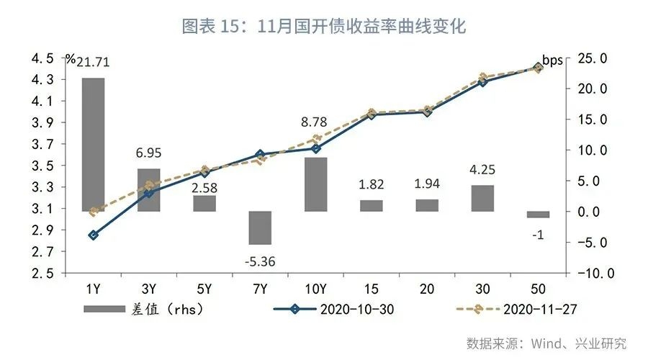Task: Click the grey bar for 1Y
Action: point(93,144)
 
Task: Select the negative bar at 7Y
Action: point(260,228)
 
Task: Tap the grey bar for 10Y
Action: point(315,184)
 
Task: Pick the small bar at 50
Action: point(538,214)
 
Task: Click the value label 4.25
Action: point(482,171)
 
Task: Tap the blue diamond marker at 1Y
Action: point(93,235)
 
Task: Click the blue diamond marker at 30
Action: point(482,82)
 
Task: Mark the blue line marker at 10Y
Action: point(315,148)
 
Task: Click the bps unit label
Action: point(552,60)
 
